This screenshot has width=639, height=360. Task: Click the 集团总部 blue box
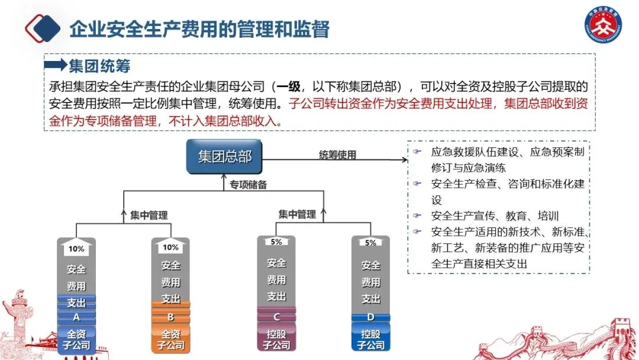coord(225,156)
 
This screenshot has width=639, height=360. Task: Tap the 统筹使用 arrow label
coord(338,155)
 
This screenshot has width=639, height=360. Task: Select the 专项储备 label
coord(248,185)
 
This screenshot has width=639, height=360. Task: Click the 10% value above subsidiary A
coord(76,249)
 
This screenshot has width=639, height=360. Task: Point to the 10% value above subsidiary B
coord(170,247)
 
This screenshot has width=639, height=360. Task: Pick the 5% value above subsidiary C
coord(276,242)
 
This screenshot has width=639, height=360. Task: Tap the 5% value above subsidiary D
coord(371,243)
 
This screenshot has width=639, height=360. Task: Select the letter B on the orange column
coord(170,317)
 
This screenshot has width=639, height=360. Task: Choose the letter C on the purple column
coord(276,317)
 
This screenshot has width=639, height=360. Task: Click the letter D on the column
coord(371,317)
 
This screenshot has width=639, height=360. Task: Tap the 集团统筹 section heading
coord(99,65)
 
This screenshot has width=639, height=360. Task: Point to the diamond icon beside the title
coord(44,28)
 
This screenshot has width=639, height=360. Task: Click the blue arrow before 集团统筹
coord(56,65)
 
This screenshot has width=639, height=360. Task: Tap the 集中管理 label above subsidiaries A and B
coord(149,216)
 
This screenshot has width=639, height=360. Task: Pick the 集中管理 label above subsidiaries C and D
coord(297,214)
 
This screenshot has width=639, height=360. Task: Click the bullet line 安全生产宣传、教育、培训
coord(495,216)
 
